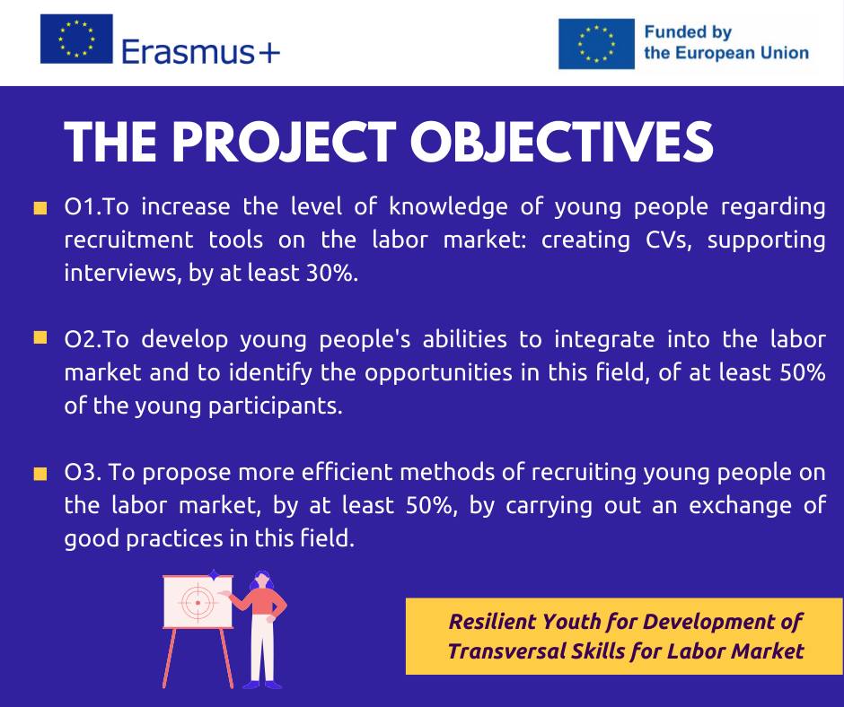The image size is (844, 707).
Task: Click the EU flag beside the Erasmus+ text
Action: tap(76, 39)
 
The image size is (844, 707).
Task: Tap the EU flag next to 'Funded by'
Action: tap(596, 44)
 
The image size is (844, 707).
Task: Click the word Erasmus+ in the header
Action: tap(201, 52)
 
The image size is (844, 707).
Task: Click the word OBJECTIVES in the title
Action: tap(561, 142)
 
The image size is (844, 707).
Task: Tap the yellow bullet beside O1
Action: tap(40, 208)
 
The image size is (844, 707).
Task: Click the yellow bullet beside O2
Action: tap(40, 338)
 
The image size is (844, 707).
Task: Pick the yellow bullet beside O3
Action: tap(40, 474)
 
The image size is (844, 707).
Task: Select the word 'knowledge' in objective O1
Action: tap(448, 207)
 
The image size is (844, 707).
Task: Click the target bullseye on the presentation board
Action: tap(198, 603)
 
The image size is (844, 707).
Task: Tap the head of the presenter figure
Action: tap(263, 580)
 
